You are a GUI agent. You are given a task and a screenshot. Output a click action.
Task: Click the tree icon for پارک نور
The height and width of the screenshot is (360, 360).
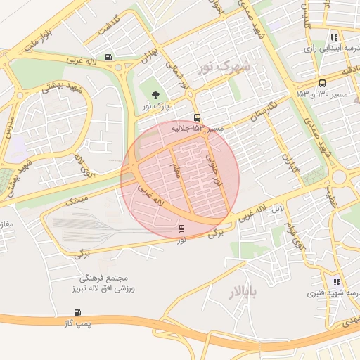point(155,95)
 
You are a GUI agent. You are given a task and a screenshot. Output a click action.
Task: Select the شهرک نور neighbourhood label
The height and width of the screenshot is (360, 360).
point(224,66)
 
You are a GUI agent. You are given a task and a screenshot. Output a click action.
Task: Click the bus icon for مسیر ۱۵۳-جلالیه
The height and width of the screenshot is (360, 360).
point(198,118)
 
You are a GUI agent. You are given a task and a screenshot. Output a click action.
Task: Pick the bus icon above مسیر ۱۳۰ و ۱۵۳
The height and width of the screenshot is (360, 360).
point(322,82)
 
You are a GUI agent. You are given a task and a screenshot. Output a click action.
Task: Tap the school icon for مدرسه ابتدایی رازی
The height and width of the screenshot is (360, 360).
point(333,38)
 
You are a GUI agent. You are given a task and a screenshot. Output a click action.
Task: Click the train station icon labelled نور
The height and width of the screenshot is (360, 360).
point(182,229)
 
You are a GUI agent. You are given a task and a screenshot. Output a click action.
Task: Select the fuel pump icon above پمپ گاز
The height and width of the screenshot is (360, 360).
point(77,313)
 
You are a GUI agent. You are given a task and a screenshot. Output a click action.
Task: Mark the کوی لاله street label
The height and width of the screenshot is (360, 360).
point(83,167)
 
